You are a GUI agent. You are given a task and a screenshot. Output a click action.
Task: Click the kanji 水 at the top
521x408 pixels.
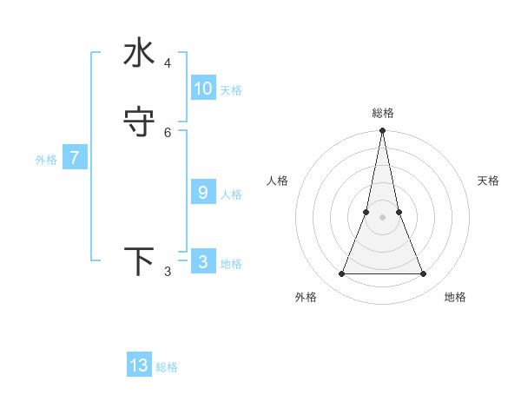(x=139, y=53)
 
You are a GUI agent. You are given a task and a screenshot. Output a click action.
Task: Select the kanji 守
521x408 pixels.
(x=139, y=122)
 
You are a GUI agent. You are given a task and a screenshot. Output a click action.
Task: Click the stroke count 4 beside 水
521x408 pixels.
(x=168, y=63)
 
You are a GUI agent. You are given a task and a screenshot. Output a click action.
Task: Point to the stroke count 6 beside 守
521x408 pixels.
(x=168, y=132)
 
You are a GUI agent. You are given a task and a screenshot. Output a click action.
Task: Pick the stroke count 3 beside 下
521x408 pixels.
(x=168, y=272)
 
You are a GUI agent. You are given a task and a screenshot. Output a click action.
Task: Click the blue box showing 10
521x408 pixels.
(x=203, y=89)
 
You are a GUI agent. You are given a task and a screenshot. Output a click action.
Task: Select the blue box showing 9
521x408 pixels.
(x=203, y=193)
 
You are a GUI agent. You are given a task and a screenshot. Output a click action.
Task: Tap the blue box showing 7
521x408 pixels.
(x=75, y=158)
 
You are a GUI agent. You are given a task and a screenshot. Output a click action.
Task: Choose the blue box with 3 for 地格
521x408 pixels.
(x=203, y=262)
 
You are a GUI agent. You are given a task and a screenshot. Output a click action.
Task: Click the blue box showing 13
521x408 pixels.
(x=139, y=365)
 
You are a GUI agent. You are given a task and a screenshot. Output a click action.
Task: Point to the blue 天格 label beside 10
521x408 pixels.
(x=231, y=90)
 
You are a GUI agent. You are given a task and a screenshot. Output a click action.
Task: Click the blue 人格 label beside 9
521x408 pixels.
(x=231, y=194)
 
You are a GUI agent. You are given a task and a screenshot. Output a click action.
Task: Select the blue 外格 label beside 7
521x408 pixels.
(x=46, y=160)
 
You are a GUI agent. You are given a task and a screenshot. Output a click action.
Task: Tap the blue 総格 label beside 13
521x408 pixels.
(x=167, y=367)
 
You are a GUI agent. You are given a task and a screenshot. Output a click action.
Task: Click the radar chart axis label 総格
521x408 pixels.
(x=382, y=113)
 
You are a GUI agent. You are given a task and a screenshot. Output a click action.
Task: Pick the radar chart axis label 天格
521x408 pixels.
(x=488, y=181)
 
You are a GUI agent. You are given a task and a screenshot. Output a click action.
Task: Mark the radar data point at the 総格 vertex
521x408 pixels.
(x=382, y=131)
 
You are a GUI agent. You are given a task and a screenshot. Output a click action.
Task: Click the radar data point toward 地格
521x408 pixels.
(x=423, y=274)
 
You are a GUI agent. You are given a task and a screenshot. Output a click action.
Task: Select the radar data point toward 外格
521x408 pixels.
(x=341, y=274)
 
